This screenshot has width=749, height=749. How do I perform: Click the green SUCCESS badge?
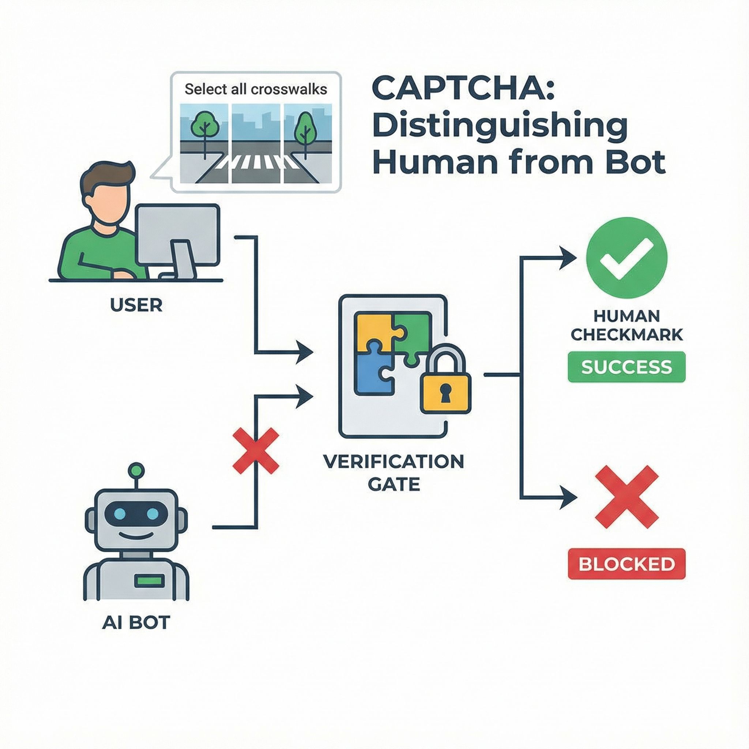626,367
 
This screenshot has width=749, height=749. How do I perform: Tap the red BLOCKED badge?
626,564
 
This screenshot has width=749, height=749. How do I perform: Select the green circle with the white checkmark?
626,259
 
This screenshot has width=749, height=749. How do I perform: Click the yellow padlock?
445,383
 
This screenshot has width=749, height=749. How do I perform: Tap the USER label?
136,306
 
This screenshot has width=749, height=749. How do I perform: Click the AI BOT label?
136,633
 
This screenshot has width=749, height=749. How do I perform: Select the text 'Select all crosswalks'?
256,89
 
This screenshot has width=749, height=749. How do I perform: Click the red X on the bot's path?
256,451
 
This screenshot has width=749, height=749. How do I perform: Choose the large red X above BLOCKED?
626,497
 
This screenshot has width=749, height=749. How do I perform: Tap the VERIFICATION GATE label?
393,473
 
